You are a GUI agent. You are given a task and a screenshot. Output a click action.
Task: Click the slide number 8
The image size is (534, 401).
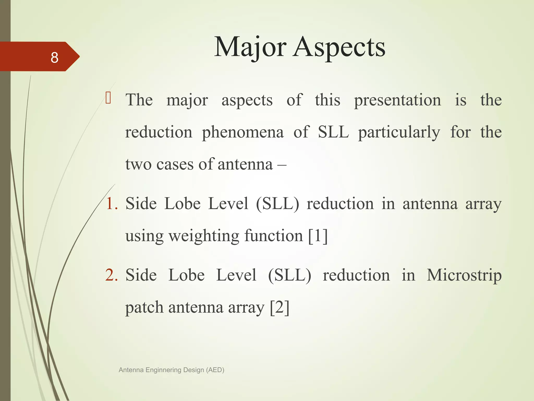tap(54, 57)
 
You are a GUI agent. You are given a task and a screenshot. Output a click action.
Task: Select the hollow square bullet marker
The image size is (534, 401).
tap(108, 98)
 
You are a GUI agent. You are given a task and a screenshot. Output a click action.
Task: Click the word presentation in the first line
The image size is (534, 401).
tap(397, 101)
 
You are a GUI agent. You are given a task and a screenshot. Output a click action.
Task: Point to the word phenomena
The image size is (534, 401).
tap(243, 133)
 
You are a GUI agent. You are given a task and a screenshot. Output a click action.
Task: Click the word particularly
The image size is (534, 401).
tap(399, 133)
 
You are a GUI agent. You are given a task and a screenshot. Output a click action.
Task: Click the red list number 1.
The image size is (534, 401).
tap(112, 204)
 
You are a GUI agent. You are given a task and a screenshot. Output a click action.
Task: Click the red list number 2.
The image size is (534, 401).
tap(112, 275)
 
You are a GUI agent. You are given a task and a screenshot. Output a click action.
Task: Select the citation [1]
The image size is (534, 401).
tap(318, 236)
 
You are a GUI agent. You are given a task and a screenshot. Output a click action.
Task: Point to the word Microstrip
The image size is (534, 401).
tap(464, 275)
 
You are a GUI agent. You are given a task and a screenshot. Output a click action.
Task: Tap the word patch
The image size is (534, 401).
tap(144, 308)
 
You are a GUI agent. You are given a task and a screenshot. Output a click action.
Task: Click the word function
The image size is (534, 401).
tap(274, 236)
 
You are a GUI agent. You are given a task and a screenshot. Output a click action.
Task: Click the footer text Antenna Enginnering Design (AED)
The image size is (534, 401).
tap(171, 370)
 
